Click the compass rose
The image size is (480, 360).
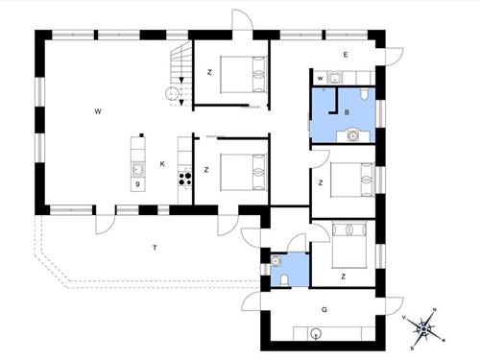[424, 328]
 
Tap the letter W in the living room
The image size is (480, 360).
[98, 112]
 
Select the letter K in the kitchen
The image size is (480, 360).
[163, 165]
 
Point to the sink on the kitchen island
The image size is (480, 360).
[138, 168]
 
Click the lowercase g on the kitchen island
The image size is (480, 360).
[138, 182]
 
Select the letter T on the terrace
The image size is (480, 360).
[154, 248]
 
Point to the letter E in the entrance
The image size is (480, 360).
[345, 55]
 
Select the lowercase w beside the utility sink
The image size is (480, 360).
[320, 78]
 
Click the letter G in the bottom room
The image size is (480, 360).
[324, 309]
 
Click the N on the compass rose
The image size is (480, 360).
[435, 310]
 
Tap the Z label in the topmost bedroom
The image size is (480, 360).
[208, 72]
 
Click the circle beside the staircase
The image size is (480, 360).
[171, 93]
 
